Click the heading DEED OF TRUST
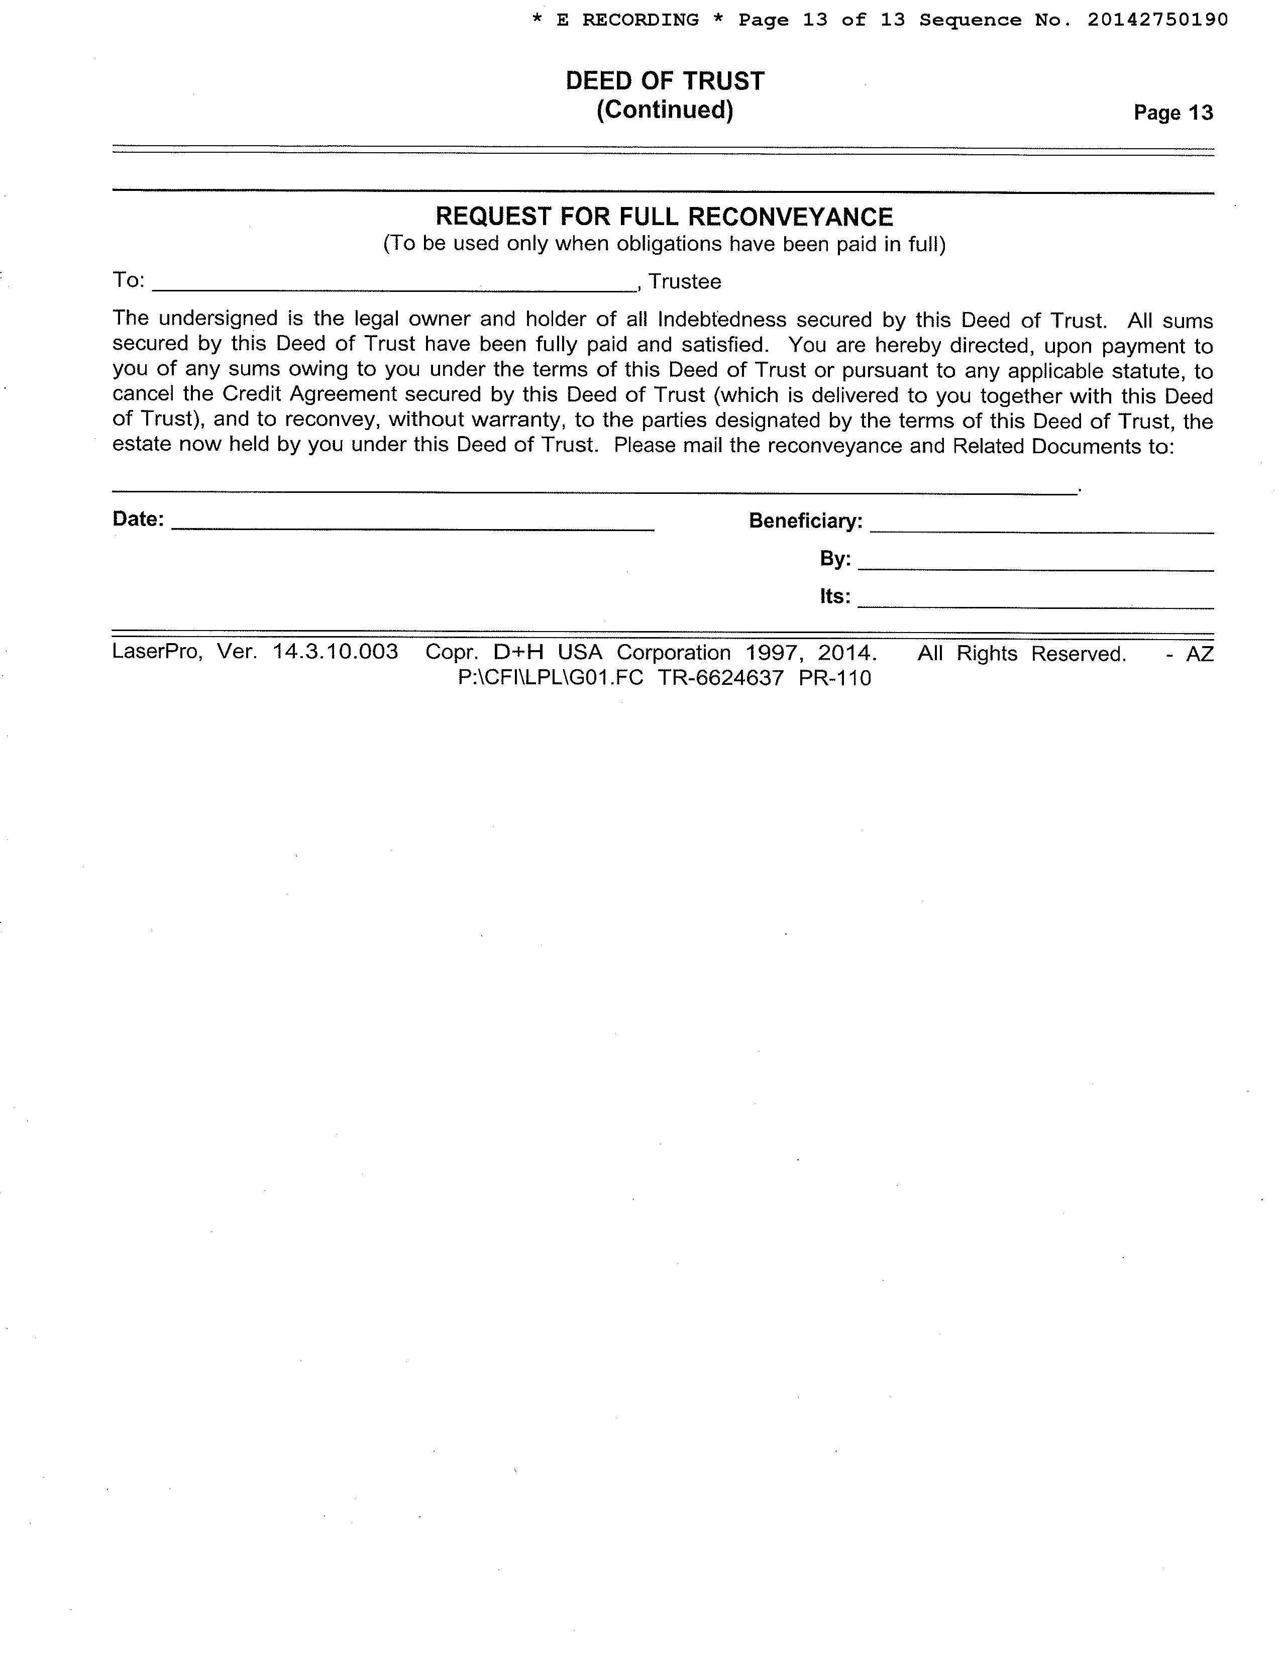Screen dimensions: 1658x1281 pos(664,81)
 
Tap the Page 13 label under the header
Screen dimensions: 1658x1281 pos(1172,113)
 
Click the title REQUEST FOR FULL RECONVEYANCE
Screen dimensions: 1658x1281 pos(664,217)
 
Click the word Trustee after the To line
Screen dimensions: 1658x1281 pos(685,282)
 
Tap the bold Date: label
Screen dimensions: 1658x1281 pos(138,520)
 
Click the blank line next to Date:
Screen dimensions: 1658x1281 pos(413,526)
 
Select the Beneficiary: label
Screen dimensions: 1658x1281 pos(805,521)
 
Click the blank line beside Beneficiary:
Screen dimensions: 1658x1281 pos(1041,528)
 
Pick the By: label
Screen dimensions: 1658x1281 pos(835,559)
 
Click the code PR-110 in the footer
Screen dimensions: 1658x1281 pos(835,678)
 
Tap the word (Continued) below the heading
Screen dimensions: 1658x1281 pos(664,110)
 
